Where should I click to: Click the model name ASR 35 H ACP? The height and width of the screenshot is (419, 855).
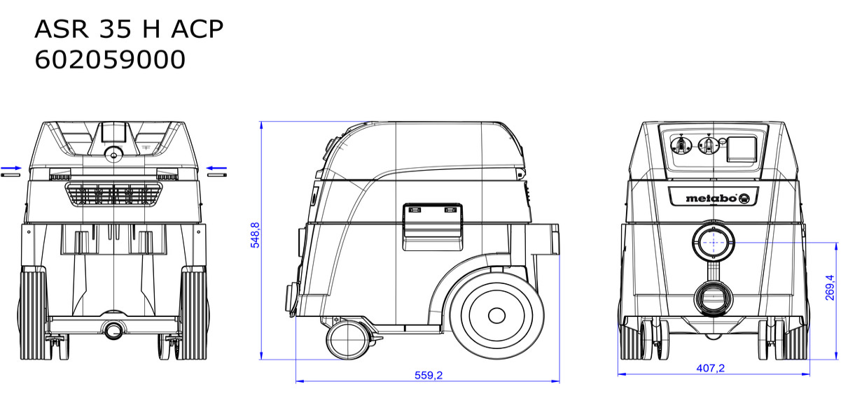(129, 29)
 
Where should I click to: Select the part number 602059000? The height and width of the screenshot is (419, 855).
(110, 60)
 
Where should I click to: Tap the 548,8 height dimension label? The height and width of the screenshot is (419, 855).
(255, 235)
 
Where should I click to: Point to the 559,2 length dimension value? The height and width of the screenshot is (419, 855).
(429, 376)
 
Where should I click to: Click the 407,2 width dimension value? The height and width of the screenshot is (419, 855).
(710, 369)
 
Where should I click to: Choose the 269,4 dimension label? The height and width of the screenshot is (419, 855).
(830, 287)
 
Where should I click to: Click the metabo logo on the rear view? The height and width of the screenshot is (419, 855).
(717, 198)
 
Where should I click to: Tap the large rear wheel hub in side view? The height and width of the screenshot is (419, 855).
(496, 315)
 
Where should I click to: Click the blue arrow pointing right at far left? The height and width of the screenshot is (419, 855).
(11, 168)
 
